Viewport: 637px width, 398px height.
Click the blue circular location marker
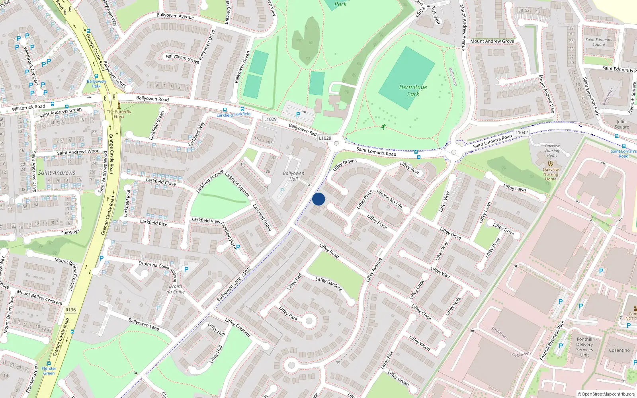(x=318, y=199)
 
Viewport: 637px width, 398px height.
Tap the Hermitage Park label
(x=413, y=90)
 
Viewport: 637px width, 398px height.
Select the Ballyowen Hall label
(x=293, y=176)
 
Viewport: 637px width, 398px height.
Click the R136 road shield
(x=70, y=310)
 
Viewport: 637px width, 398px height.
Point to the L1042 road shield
(x=522, y=133)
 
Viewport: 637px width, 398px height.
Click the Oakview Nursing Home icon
(x=551, y=164)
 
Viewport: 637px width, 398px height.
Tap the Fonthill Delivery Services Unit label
(x=584, y=347)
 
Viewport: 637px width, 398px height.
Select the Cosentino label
(x=619, y=350)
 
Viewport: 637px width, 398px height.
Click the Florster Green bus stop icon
(x=49, y=364)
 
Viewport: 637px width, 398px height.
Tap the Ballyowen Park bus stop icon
(x=96, y=76)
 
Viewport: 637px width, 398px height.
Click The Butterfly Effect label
(x=119, y=114)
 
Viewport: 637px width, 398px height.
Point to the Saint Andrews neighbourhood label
(x=57, y=173)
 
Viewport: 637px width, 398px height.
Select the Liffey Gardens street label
(x=328, y=284)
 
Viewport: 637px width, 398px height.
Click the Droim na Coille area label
(x=176, y=289)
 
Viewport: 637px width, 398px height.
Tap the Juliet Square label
(x=621, y=125)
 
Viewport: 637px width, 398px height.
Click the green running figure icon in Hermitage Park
(x=383, y=127)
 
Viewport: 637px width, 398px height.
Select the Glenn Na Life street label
(x=389, y=199)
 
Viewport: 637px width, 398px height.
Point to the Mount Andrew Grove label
(x=492, y=41)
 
